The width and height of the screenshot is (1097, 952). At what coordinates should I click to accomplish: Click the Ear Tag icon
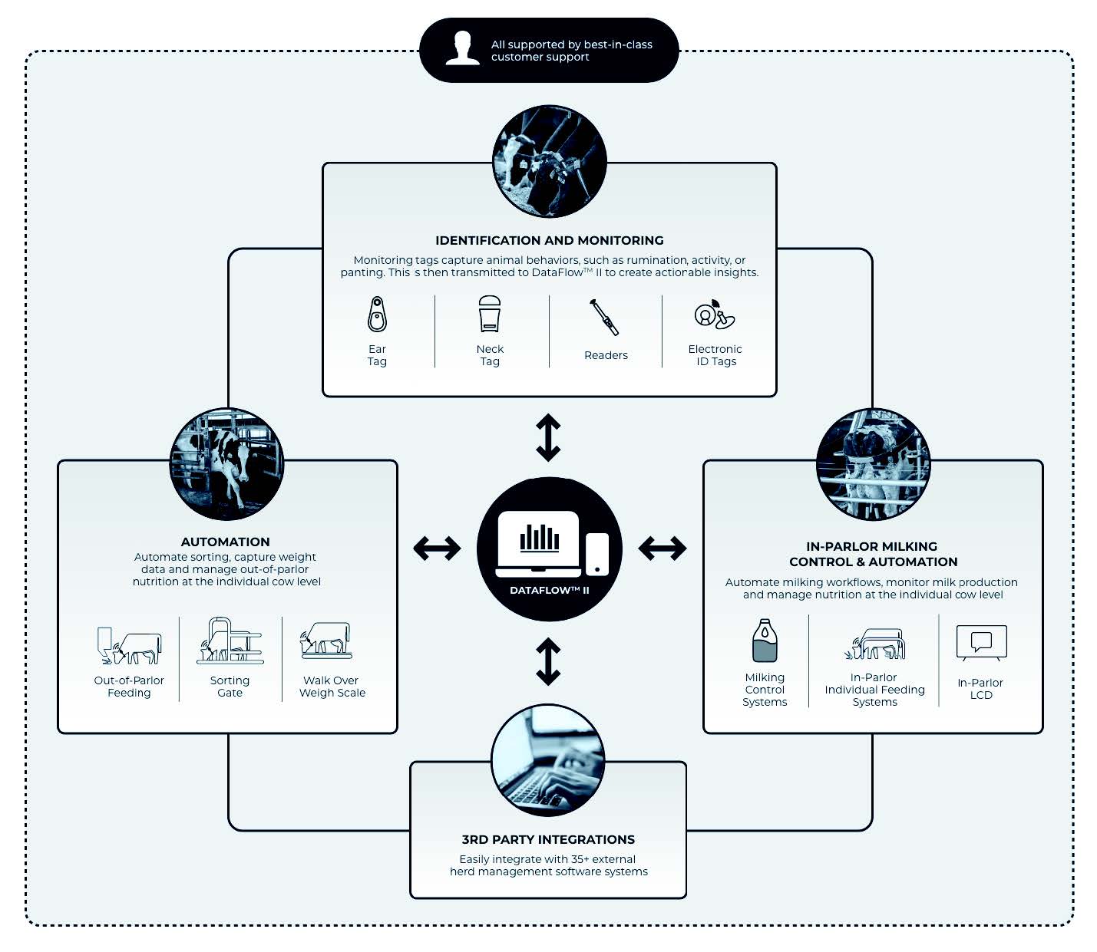click(x=377, y=314)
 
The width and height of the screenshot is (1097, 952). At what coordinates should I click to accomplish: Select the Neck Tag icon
click(x=490, y=314)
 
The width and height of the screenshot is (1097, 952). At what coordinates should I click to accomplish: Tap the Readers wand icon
click(x=605, y=317)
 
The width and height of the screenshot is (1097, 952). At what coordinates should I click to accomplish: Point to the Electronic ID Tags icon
click(x=714, y=315)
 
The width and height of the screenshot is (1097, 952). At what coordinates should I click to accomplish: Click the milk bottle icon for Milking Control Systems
click(x=765, y=641)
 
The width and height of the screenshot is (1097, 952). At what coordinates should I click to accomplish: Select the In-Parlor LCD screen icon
click(x=981, y=643)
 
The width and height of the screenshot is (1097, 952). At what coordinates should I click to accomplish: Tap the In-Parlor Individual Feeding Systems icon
click(x=875, y=644)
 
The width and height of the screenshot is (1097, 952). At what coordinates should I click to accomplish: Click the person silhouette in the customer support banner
click(x=462, y=49)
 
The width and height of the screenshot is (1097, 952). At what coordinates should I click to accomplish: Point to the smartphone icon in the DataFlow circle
click(x=597, y=554)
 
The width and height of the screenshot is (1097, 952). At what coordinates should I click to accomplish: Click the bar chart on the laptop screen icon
click(x=540, y=538)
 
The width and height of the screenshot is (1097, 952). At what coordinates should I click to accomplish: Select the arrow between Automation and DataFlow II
click(x=437, y=548)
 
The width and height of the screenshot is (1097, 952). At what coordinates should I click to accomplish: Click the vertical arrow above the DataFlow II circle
click(x=548, y=437)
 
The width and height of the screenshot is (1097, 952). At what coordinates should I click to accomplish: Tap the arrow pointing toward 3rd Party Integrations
click(x=548, y=661)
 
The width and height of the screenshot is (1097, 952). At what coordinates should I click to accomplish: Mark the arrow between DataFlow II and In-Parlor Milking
click(x=662, y=548)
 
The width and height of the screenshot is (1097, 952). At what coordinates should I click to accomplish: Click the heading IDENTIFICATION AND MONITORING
click(x=549, y=240)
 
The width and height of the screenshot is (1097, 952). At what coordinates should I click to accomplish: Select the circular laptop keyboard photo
click(x=548, y=759)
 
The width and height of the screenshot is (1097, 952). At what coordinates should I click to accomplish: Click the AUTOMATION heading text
click(x=226, y=542)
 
